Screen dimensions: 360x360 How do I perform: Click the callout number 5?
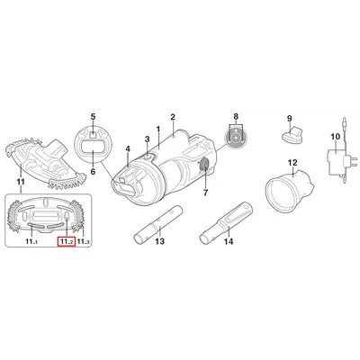coord(93,117)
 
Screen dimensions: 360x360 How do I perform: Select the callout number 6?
coord(93,172)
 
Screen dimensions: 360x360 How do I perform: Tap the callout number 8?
coord(236,116)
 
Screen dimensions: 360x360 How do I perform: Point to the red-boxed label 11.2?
coord(66,241)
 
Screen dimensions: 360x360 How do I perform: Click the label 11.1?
coord(31,241)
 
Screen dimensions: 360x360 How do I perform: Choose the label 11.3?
coord(84,241)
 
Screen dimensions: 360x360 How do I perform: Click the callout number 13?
coord(160,241)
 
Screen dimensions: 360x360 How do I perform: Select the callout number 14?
coord(229,241)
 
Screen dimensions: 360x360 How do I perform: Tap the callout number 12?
coord(292,163)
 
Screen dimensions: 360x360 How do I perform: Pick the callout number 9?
coord(290,118)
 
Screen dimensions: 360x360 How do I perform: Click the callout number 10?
coord(336,137)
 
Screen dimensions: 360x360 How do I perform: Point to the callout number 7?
coord(205,193)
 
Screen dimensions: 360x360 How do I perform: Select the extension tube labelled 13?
coord(157,223)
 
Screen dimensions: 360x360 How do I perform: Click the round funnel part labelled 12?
coord(290,189)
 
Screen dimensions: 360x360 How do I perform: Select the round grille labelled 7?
coord(205,165)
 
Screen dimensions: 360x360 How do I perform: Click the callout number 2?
coord(173,117)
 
